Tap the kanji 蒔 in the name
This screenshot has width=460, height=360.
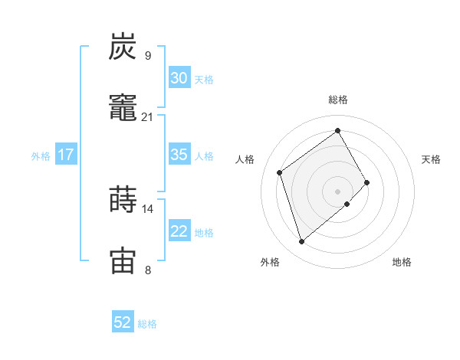(x=123, y=199)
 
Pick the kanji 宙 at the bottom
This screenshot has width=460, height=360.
(x=123, y=259)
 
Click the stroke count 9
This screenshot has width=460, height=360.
(x=147, y=56)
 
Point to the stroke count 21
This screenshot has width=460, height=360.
(x=147, y=116)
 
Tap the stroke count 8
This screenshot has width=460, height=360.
(x=147, y=270)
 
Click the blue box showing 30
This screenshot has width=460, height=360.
(x=179, y=78)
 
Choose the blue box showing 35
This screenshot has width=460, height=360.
(x=179, y=155)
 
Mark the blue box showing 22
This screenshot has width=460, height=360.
(x=179, y=231)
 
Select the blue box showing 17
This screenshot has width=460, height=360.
(x=66, y=155)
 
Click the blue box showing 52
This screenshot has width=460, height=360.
(x=123, y=322)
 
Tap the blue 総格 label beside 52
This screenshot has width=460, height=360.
(x=147, y=324)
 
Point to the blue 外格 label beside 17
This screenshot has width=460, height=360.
(x=41, y=156)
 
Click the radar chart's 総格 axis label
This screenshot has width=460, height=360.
(x=338, y=100)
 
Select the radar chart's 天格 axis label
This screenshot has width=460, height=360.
(x=432, y=159)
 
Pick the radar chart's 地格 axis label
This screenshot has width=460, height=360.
(x=402, y=263)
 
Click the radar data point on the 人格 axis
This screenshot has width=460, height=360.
(x=280, y=172)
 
